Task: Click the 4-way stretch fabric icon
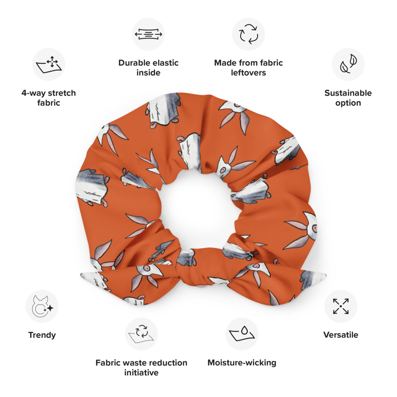pyautogui.click(x=48, y=64)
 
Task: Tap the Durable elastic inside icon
pyautogui.click(x=148, y=34)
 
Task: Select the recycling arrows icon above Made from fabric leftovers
pyautogui.click(x=249, y=34)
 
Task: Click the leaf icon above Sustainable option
pyautogui.click(x=348, y=64)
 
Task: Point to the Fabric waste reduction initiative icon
pyautogui.click(x=141, y=334)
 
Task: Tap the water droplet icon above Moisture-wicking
pyautogui.click(x=242, y=334)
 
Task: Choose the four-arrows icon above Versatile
pyautogui.click(x=341, y=306)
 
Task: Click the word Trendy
pyautogui.click(x=42, y=335)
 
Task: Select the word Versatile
pyautogui.click(x=341, y=335)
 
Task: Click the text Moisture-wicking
pyautogui.click(x=242, y=362)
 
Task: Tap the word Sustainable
pyautogui.click(x=348, y=93)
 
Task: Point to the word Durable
pyautogui.click(x=134, y=63)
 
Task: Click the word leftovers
pyautogui.click(x=249, y=73)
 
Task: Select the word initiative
pyautogui.click(x=141, y=372)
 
